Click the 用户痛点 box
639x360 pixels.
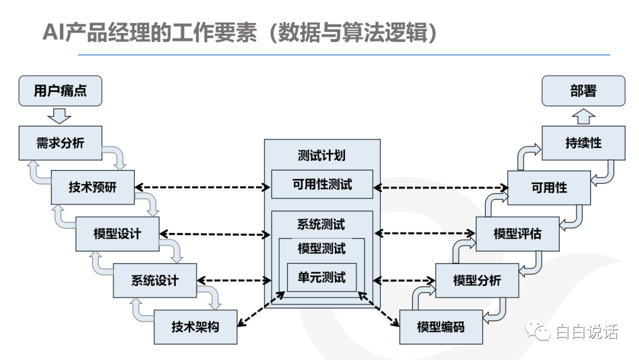click(60, 91)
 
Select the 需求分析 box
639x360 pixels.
click(60, 143)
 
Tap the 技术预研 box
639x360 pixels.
click(92, 187)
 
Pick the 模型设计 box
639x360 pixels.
click(117, 234)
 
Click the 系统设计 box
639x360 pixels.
click(155, 280)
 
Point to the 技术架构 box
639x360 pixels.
click(196, 327)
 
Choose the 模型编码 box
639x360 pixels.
click(441, 327)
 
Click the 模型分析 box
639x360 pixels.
click(477, 280)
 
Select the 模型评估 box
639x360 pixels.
click(518, 234)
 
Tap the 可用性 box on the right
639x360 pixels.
click(549, 188)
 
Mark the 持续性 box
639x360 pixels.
click(583, 143)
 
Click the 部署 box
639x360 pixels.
click(583, 91)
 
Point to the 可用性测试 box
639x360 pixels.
click(322, 184)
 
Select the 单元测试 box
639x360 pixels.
click(321, 277)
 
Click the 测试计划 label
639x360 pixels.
click(321, 155)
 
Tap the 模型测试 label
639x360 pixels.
click(321, 248)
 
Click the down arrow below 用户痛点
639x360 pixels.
click(60, 116)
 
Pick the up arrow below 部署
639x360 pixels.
click(583, 116)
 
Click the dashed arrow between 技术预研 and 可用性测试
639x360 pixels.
click(202, 187)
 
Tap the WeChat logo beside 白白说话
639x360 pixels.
click(538, 329)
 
